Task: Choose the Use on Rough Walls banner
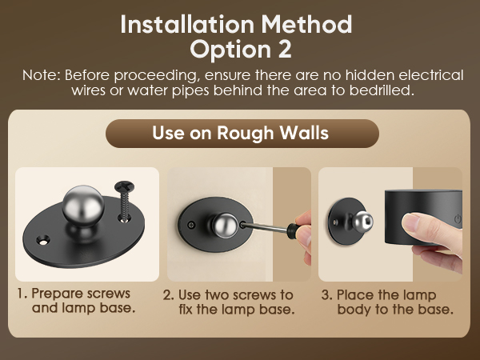[x=240, y=133]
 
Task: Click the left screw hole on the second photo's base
[x=190, y=226]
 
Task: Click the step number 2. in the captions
[x=168, y=295]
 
